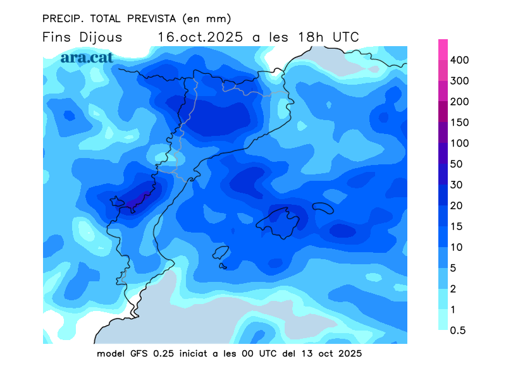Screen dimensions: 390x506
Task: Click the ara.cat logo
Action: pyautogui.click(x=87, y=58)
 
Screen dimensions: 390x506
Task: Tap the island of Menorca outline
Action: pyautogui.click(x=323, y=207)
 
